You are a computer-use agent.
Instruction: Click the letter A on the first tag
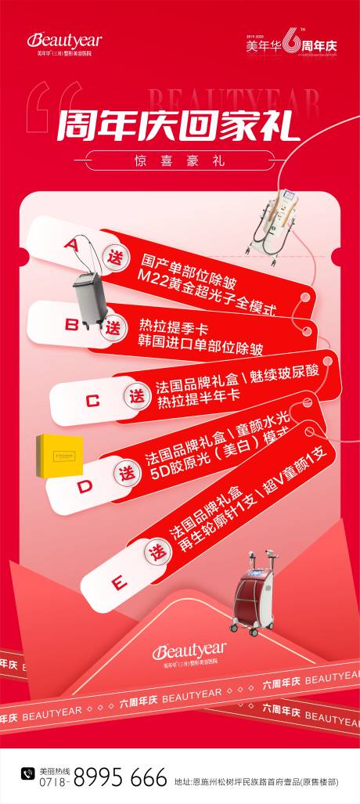71,244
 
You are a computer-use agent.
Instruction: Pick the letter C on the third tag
92,401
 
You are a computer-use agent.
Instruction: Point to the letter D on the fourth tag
84,486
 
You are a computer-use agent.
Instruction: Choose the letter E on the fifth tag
119,583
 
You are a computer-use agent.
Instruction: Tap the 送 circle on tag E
159,553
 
